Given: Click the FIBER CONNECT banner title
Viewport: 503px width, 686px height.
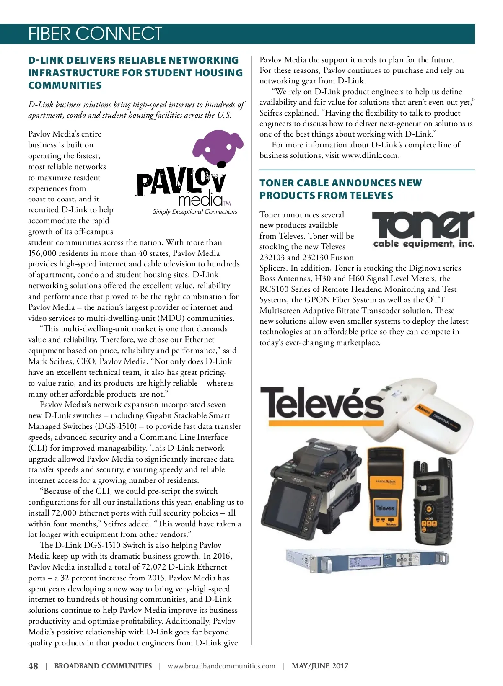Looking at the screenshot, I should point(95,34).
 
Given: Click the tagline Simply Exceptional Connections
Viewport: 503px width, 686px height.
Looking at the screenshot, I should point(195,212).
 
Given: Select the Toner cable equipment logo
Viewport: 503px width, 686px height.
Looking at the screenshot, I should point(423,230).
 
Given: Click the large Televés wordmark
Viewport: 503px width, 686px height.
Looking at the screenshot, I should point(322,402).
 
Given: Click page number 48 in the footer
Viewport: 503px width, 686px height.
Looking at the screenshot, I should point(33,666).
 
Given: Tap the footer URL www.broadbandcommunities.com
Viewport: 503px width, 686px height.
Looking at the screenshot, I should point(221,666).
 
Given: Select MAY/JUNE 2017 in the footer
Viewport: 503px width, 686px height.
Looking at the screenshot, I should point(320,666).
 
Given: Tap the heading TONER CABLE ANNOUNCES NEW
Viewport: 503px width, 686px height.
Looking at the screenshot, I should point(340,183).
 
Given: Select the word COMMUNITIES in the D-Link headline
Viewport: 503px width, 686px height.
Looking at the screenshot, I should point(65,85).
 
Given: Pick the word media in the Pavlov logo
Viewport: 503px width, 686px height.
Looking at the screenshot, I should point(200,200).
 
